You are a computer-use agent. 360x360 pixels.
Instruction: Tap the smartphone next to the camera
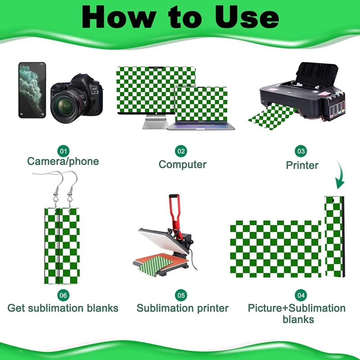point(32,90)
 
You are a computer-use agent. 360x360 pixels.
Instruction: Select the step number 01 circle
point(63,151)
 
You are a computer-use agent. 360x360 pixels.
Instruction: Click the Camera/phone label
point(63,162)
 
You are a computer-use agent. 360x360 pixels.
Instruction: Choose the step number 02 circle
point(181,151)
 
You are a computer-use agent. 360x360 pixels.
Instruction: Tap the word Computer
point(183,165)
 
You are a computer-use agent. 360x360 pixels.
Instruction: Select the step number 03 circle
point(301,151)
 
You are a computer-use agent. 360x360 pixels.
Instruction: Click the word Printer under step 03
point(302,165)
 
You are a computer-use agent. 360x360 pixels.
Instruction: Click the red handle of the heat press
point(174,211)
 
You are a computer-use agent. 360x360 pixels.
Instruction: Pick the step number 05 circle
point(181,295)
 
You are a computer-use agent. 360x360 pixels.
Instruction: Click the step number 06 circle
point(63,295)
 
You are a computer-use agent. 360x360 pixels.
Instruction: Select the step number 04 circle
point(301,295)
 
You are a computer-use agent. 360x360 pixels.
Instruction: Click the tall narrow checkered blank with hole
point(334,237)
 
